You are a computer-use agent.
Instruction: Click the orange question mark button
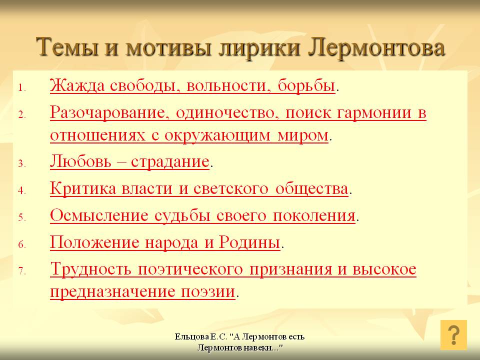[453, 335]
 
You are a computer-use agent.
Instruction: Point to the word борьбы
[306, 85]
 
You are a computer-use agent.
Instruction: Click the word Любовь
[80, 161]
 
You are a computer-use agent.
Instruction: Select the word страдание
[170, 161]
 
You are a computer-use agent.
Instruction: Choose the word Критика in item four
[83, 188]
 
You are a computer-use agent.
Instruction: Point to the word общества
[311, 189]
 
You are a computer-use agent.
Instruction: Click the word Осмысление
[99, 215]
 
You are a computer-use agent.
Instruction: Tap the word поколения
[314, 216]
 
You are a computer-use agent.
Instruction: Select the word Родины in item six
[249, 242]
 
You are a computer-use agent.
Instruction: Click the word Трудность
[90, 269]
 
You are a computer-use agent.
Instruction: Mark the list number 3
[21, 163]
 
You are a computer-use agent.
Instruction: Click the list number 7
[21, 271]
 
